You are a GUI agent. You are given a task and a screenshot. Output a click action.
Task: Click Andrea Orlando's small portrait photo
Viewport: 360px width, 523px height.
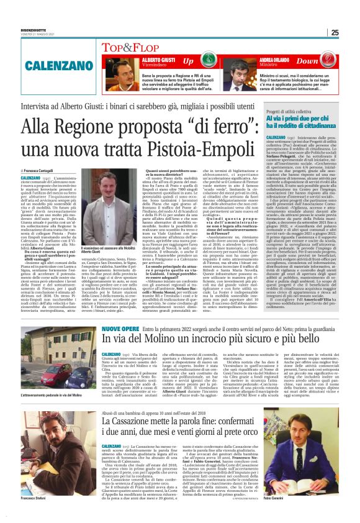(238, 70)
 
